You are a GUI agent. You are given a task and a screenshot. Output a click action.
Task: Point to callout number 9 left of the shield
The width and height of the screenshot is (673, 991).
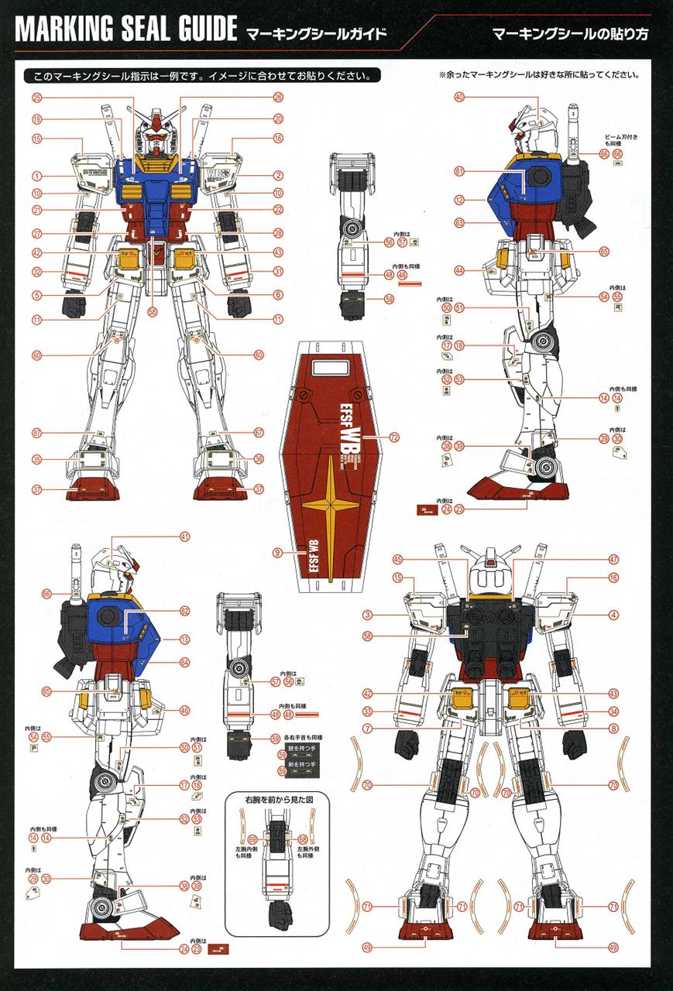(x=277, y=553)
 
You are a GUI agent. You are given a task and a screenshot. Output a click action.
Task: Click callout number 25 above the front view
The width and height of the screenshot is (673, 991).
(x=36, y=98)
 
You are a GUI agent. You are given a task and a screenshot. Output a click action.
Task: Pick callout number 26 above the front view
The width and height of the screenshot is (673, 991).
(x=278, y=98)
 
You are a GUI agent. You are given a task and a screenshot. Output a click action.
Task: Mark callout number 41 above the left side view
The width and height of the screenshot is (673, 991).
(x=185, y=537)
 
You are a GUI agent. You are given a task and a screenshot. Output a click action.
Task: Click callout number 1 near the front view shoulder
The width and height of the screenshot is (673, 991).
(x=36, y=177)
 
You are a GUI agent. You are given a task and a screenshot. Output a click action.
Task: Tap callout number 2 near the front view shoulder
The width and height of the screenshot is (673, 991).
(x=278, y=177)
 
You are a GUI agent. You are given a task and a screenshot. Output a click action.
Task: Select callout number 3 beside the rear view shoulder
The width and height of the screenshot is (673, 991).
(x=369, y=615)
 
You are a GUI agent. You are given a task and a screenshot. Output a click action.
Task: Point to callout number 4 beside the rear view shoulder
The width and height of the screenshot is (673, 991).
(x=613, y=615)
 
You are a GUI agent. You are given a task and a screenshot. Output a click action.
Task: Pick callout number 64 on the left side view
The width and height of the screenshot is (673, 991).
(x=185, y=662)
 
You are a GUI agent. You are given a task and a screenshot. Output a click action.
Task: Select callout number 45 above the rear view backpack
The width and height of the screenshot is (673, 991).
(x=397, y=559)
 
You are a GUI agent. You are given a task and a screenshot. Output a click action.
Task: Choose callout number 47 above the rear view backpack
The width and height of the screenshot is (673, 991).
(x=613, y=559)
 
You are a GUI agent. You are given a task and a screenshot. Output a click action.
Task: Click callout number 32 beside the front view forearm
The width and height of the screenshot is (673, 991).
(x=36, y=272)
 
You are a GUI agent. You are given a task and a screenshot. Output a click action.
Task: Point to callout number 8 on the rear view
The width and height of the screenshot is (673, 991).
(x=613, y=728)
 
